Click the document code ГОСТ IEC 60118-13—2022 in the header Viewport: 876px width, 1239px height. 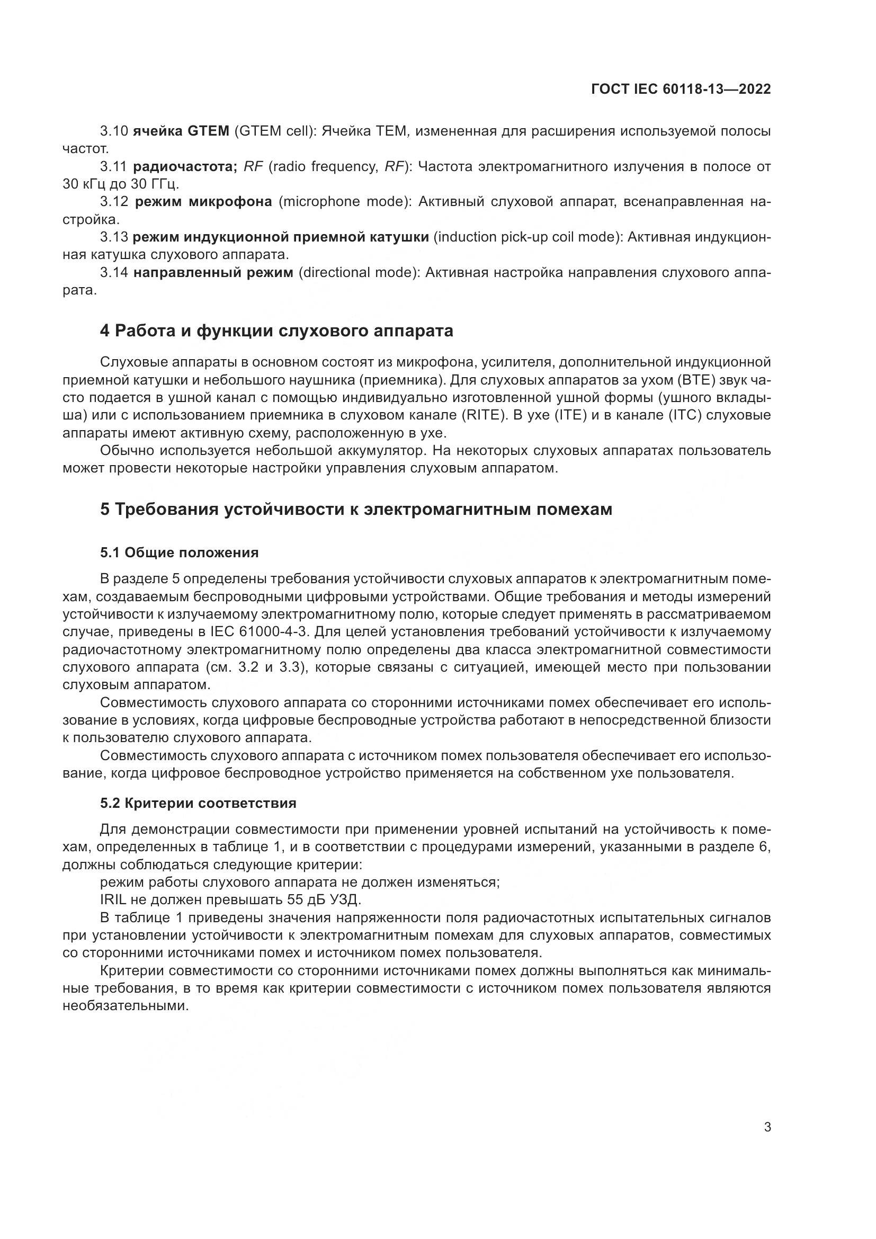coord(681,89)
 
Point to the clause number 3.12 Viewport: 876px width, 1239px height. coord(114,202)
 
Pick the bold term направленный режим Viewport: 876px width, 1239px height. coord(213,272)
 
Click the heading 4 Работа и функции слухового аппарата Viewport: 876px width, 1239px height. coord(276,330)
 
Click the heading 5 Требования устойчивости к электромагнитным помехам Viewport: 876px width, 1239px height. coord(356,509)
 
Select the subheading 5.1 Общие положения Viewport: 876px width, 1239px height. coord(179,552)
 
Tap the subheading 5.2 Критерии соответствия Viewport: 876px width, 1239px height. coord(198,803)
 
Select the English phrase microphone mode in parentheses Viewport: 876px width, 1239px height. coord(343,202)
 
